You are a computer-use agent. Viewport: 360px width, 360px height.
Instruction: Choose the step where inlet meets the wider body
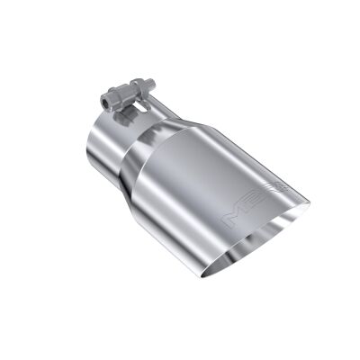134,162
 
